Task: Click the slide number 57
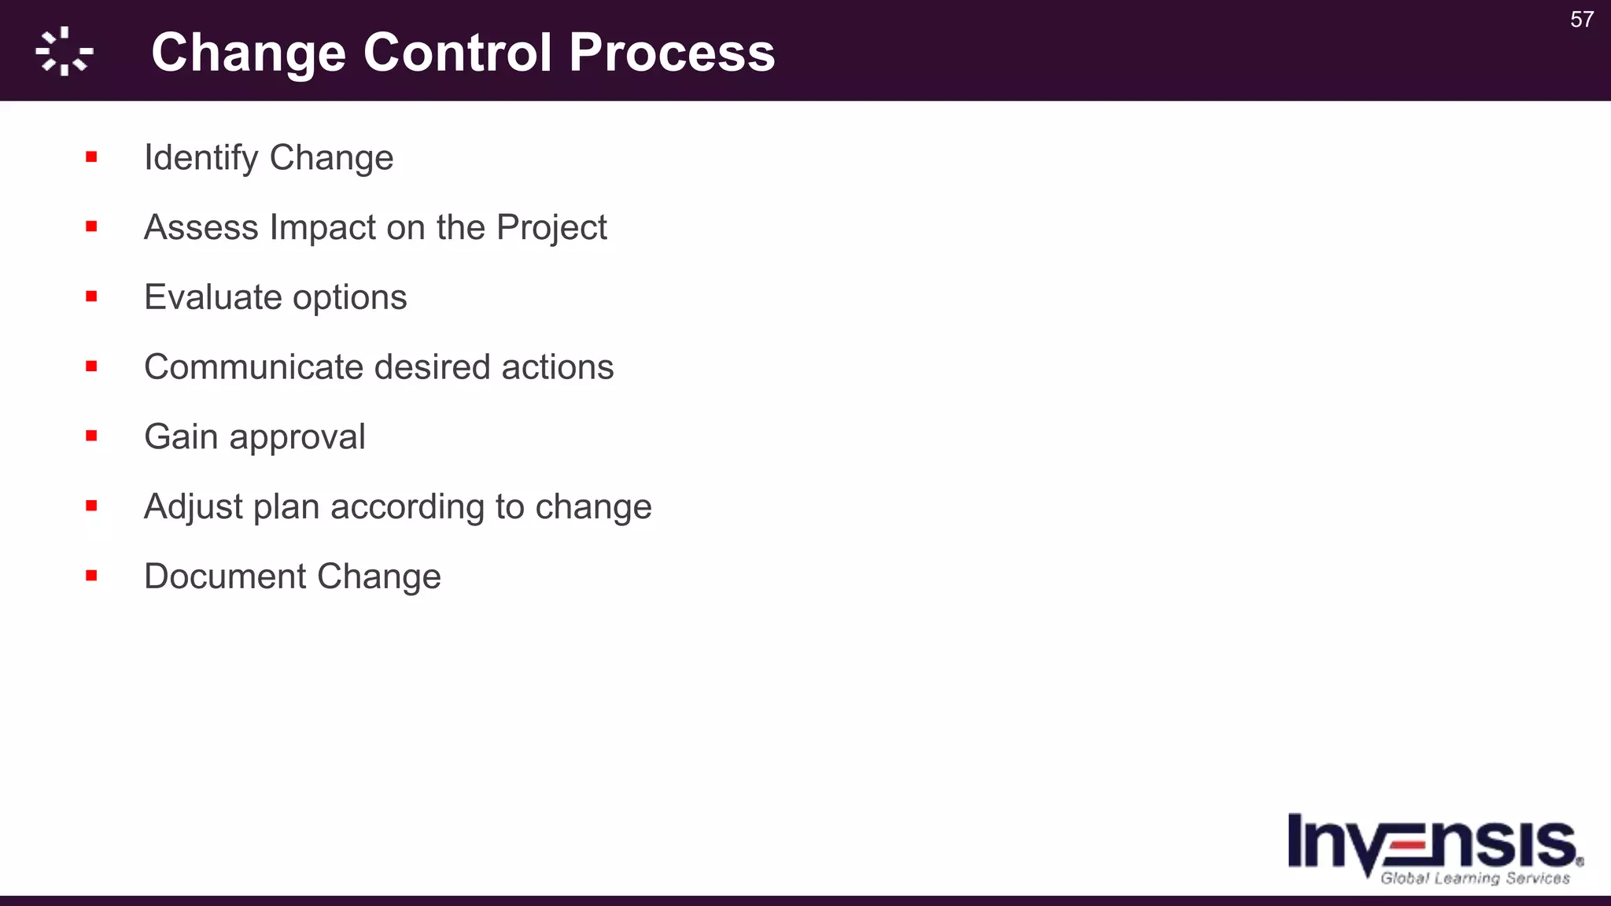point(1581,20)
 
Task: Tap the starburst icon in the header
point(65,52)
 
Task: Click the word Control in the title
point(457,53)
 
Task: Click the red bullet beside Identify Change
point(91,157)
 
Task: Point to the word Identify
point(201,158)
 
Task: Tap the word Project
point(551,228)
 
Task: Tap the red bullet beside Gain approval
point(91,436)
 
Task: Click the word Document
point(225,576)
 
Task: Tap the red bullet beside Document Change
point(91,576)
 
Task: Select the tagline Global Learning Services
point(1475,878)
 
